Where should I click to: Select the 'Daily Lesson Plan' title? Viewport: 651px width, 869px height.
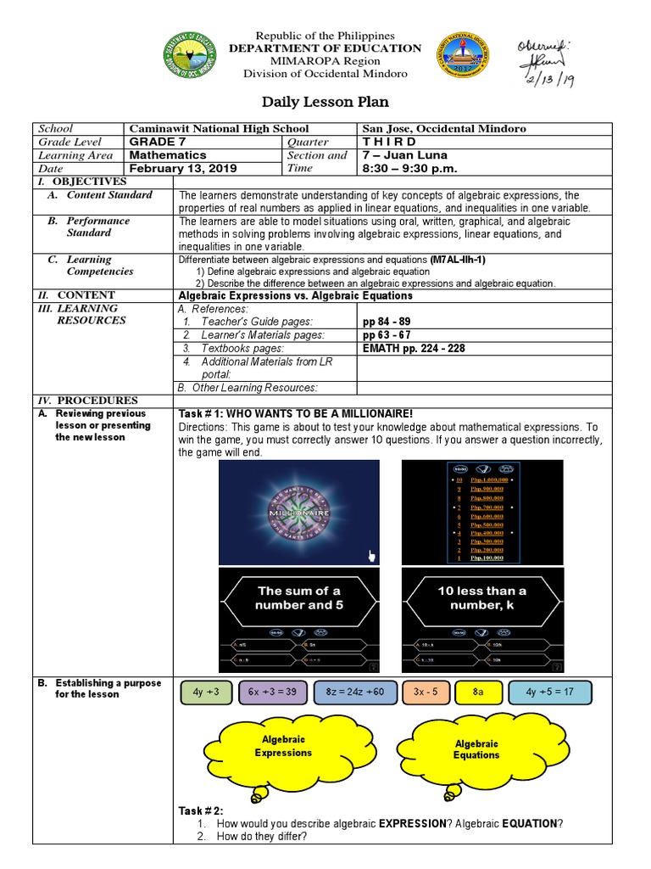(x=325, y=102)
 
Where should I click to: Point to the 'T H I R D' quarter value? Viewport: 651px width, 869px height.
(x=389, y=142)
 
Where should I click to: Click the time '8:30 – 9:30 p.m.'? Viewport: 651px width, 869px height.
(x=410, y=168)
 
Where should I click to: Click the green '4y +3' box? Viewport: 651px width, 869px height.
(x=206, y=692)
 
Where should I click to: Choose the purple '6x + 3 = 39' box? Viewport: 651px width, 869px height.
(x=273, y=692)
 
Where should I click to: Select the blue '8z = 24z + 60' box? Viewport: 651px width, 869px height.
(x=354, y=692)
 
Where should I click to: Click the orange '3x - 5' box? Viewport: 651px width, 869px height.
(x=426, y=692)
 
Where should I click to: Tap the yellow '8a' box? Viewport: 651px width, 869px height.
(x=477, y=692)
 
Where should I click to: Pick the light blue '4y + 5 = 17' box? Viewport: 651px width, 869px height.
(x=549, y=692)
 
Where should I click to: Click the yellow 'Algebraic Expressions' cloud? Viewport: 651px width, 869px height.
(x=282, y=747)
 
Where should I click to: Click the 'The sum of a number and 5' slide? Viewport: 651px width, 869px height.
(x=299, y=620)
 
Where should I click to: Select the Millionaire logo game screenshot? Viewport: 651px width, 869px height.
(x=299, y=513)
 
